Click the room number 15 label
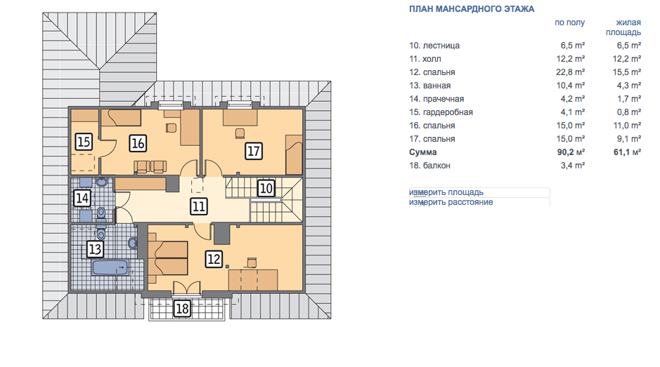point(84,142)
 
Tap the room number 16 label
point(138,143)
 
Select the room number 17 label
point(254,151)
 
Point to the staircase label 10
point(266,188)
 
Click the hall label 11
point(199,206)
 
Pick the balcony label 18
point(182,309)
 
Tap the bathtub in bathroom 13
point(110,267)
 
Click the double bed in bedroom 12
point(168,258)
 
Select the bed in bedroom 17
point(294,154)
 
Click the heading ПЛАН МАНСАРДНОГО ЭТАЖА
point(472,9)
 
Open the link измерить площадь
point(446,192)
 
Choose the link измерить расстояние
point(451,202)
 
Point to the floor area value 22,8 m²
point(570,72)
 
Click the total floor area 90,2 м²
point(571,152)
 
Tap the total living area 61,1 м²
point(627,152)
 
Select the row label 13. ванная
point(429,86)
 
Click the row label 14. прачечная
point(436,99)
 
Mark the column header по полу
point(569,22)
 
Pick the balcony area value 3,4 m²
point(572,166)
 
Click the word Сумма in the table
point(422,152)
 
